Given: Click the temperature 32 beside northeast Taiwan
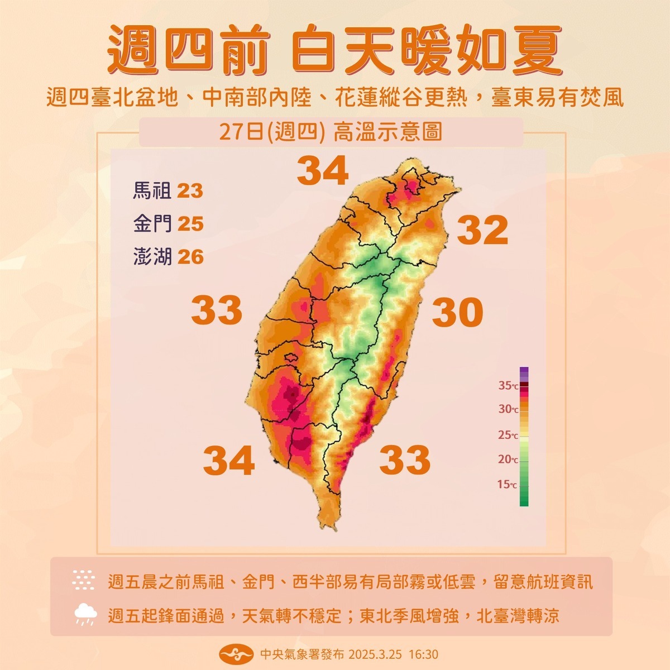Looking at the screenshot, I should coord(482,230).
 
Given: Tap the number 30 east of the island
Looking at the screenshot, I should coord(457,313).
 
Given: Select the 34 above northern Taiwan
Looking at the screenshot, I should coord(323,171).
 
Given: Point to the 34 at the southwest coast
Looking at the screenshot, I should coord(229,460).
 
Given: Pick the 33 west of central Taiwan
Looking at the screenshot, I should coord(217,310).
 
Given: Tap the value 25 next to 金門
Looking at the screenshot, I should coord(190,224).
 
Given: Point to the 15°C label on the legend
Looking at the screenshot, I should coord(508,485).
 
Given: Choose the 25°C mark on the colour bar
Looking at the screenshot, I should coord(508,435).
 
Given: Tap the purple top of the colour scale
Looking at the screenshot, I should coord(524,372).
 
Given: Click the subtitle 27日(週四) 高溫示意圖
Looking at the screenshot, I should coord(331,132).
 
